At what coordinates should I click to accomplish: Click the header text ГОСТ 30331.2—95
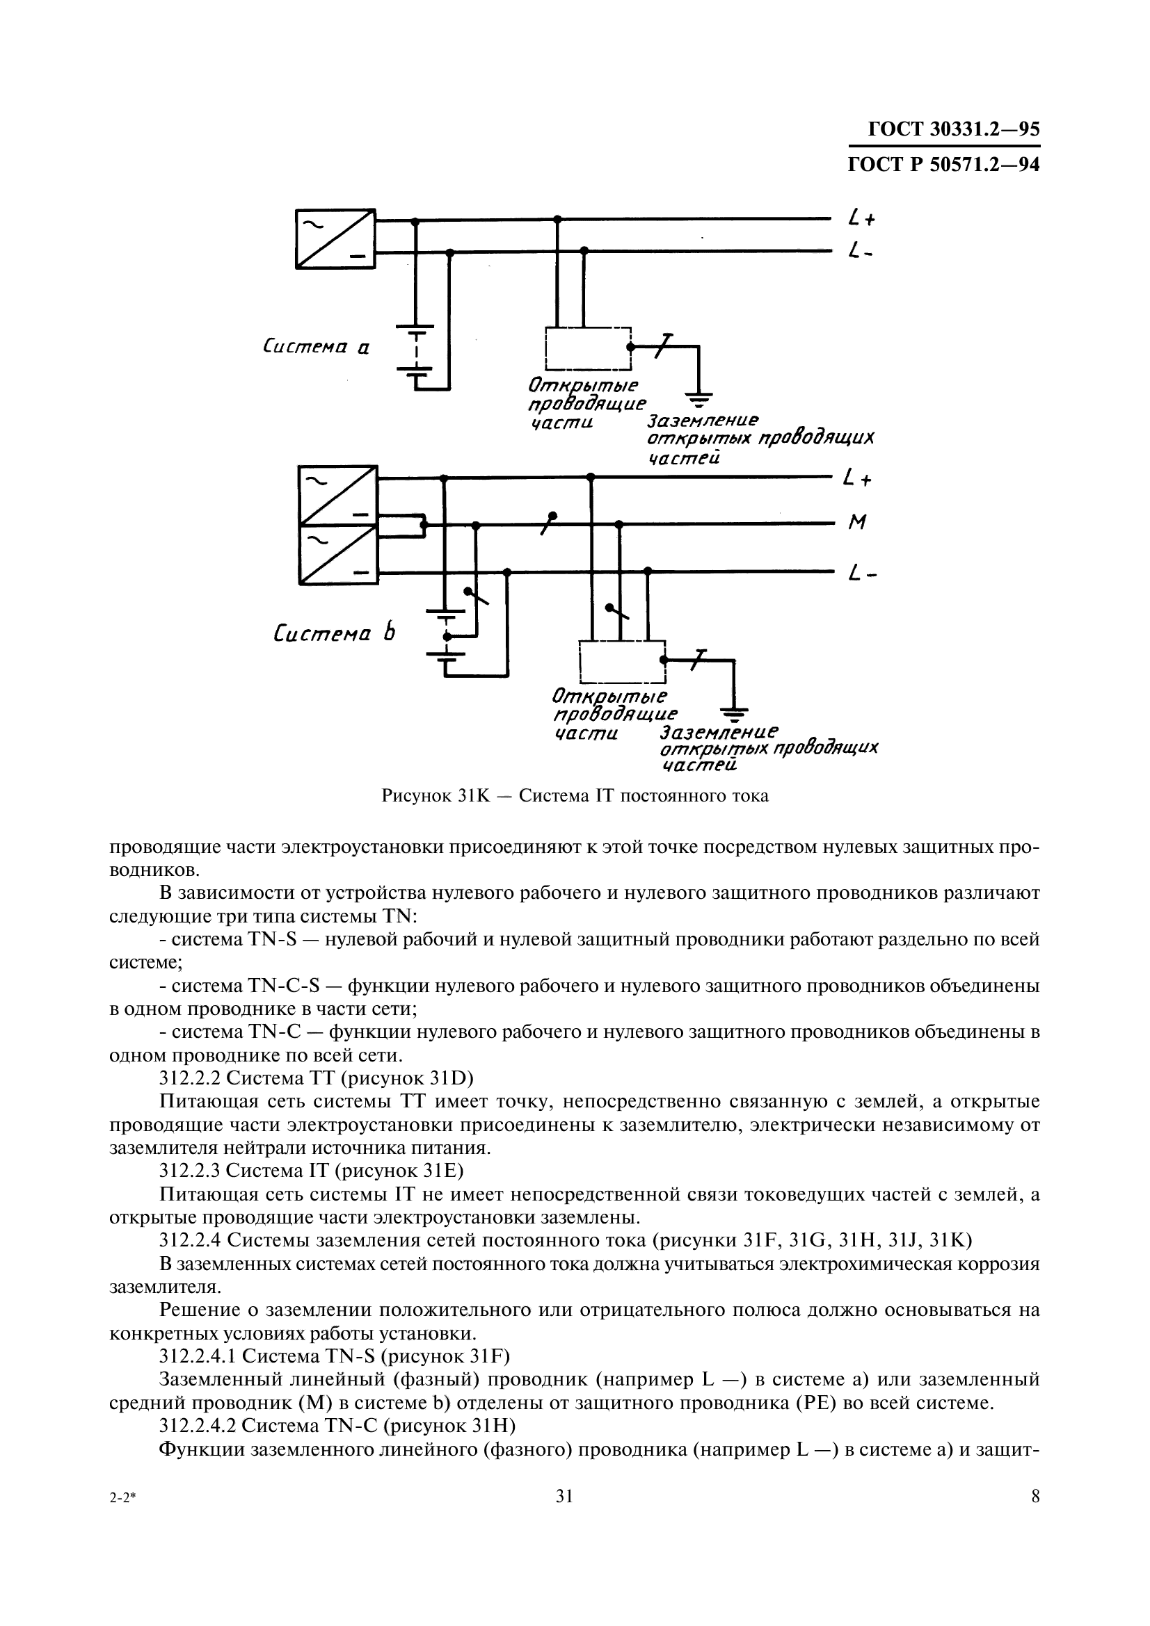pos(953,129)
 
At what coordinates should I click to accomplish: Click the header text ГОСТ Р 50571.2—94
pos(943,164)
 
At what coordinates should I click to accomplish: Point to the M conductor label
pos(857,523)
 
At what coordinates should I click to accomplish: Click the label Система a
pos(316,347)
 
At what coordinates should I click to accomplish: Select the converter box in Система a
pos(335,238)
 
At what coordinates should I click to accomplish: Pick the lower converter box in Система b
pos(337,555)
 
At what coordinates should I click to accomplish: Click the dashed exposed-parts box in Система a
pos(587,348)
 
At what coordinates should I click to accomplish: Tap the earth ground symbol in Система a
pos(698,400)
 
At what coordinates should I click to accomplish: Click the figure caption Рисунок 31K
pos(575,795)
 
